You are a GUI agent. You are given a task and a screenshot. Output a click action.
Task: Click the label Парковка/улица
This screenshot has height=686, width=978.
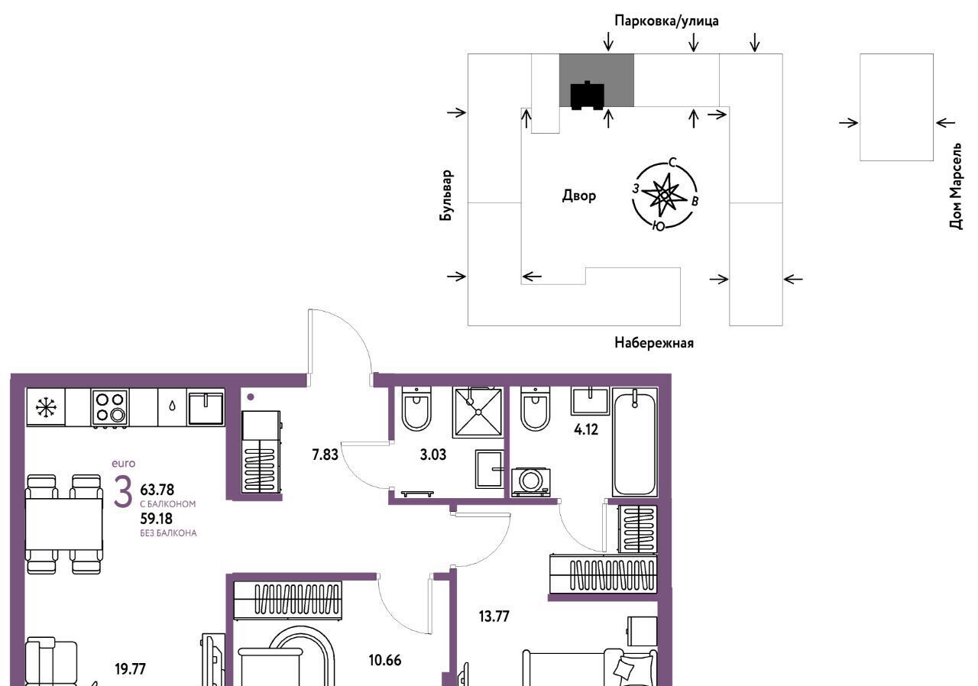pos(666,21)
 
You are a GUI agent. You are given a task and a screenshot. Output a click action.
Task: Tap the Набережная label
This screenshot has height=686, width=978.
pos(653,343)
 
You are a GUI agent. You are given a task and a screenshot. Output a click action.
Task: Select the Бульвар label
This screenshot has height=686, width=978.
pos(446,195)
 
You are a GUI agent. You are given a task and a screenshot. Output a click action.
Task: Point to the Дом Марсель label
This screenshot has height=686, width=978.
pos(955,186)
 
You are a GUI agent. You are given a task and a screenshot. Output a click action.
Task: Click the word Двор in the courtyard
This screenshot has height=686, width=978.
pos(578,195)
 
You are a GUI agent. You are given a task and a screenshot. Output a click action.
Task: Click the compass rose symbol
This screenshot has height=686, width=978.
pos(664,194)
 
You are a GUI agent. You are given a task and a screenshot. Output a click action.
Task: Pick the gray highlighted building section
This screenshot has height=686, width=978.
pos(597,80)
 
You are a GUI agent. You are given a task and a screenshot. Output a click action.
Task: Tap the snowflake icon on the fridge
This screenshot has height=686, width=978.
pos(45,406)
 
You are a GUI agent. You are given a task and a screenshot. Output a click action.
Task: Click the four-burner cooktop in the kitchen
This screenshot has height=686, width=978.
pos(109,407)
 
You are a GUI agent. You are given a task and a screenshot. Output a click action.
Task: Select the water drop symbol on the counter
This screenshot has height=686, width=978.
pos(172,406)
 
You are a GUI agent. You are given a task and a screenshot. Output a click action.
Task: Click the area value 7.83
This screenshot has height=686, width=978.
pos(325,455)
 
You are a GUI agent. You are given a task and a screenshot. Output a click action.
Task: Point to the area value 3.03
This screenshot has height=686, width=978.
pos(433,455)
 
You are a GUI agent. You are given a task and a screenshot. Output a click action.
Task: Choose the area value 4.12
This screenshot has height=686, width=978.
pos(586,429)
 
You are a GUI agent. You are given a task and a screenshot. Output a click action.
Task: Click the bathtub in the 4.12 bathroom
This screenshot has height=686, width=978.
pos(635,442)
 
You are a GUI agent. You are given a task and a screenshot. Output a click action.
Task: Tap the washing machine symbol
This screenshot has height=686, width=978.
pos(530,482)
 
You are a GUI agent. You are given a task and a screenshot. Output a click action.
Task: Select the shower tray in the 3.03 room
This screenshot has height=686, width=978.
pos(478,413)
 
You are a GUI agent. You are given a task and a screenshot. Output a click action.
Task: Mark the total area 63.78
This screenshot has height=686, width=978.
pos(157,490)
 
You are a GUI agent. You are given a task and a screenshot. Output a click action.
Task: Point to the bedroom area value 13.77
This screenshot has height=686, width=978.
pos(494,616)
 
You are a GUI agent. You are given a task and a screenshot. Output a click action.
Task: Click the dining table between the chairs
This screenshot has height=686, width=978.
pos(63,524)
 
